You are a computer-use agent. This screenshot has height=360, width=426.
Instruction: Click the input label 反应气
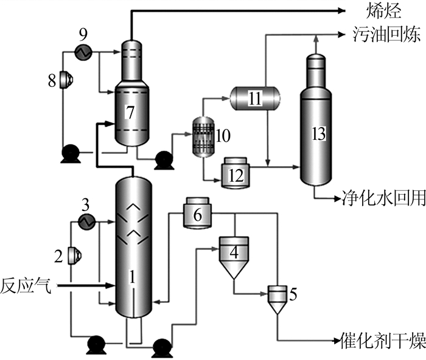tap(25, 285)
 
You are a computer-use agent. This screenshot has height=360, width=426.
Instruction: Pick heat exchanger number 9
tap(83, 53)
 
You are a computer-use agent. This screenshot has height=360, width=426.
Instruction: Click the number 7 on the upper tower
tap(130, 112)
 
